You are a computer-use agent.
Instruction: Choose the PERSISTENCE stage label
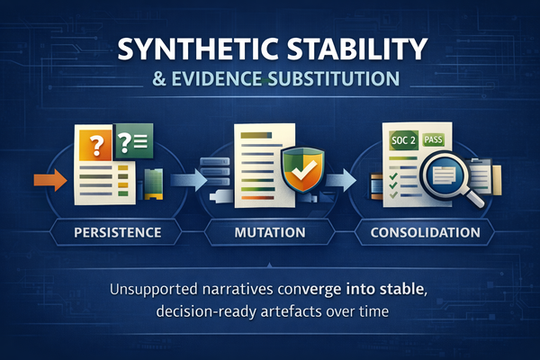106,232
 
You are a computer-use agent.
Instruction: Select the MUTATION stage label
270,232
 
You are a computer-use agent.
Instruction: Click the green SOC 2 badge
405,141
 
